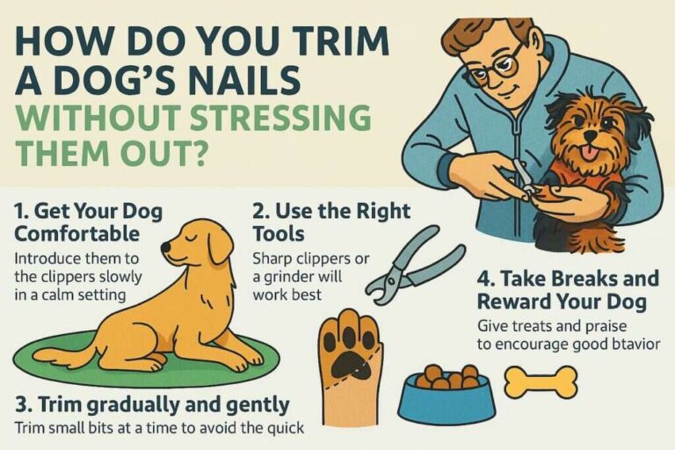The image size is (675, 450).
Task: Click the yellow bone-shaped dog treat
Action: pos(540,382)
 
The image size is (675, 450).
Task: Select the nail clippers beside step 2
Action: pos(410,264)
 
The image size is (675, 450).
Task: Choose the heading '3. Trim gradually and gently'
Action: pos(151,404)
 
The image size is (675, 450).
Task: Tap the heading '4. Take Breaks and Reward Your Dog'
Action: pos(567,290)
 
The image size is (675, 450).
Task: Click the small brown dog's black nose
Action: pos(588,132)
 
